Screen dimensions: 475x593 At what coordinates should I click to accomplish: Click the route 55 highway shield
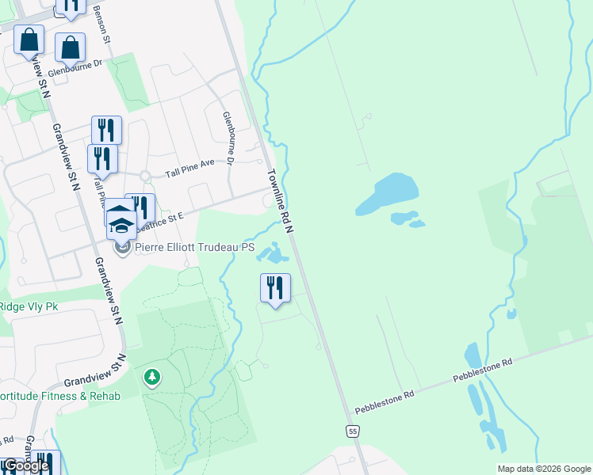[353, 430]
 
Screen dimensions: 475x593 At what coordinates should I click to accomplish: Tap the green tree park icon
[151, 377]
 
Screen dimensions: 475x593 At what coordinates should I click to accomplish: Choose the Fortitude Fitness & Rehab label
[60, 396]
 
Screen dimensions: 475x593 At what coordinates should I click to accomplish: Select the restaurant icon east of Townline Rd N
[275, 288]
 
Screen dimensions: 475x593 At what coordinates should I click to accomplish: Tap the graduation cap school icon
[121, 222]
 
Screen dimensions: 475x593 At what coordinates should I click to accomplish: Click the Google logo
[26, 465]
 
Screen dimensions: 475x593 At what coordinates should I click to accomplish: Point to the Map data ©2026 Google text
[544, 469]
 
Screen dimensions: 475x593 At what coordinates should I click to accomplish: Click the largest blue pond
[387, 193]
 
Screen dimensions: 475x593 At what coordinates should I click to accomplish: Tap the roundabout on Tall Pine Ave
[145, 176]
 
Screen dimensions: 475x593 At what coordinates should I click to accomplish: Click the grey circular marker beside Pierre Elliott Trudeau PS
[122, 249]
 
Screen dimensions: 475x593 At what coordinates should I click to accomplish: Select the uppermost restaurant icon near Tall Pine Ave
[106, 129]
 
